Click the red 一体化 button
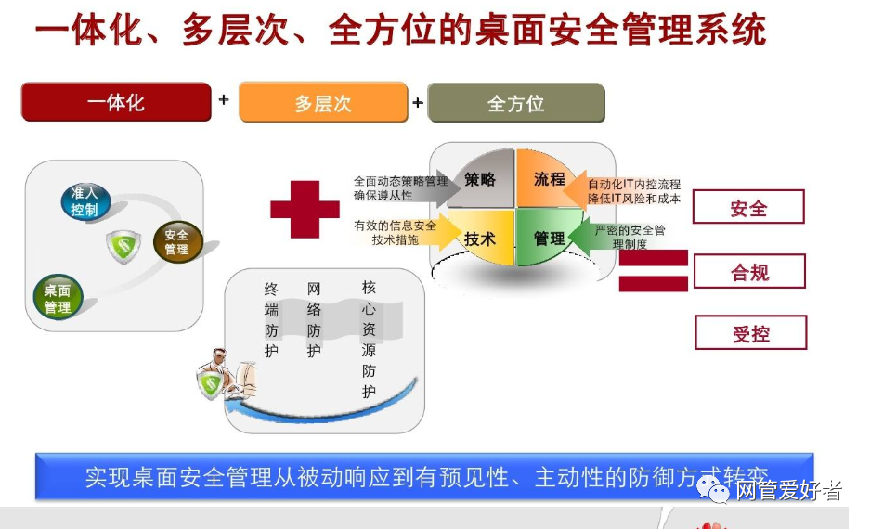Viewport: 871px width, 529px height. coord(116,102)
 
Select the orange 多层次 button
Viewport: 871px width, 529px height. coord(323,103)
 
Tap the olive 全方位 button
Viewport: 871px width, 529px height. coord(516,103)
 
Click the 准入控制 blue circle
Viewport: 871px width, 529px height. coord(84,201)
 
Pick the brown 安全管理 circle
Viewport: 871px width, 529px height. coord(176,241)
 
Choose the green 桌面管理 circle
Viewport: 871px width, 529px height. coord(58,298)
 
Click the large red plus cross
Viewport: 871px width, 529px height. coord(305,208)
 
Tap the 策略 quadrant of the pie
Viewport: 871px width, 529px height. coord(480,180)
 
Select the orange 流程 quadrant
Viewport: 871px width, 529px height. coord(550,179)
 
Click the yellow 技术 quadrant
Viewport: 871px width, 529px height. coord(480,239)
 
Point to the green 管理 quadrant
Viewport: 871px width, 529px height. coord(550,239)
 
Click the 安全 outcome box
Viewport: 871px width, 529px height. coord(748,207)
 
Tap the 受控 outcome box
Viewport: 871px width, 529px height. coord(750,333)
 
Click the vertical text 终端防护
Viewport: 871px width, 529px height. coord(271,320)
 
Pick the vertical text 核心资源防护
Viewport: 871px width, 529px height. coord(370,340)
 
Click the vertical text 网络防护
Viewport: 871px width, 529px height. coord(314,320)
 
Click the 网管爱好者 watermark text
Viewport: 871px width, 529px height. coord(788,490)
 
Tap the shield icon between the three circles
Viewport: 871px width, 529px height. coord(123,246)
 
